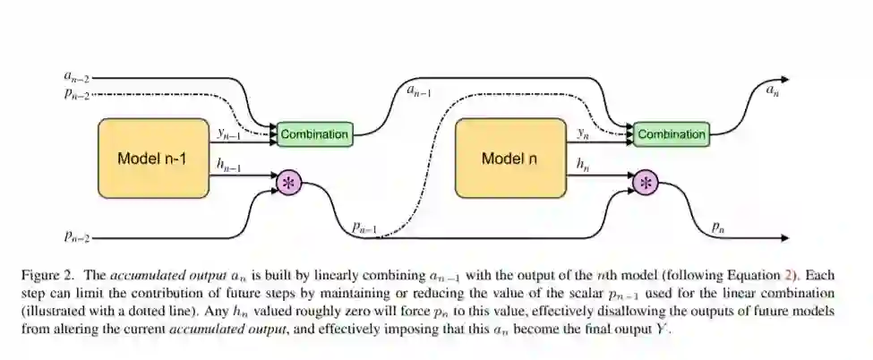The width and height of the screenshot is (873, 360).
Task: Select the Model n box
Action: tap(509, 159)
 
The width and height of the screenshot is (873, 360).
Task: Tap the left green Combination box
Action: tap(314, 134)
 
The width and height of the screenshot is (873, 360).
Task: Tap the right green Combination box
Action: tap(672, 134)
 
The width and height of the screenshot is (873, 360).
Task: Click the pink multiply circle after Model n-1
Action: tap(288, 183)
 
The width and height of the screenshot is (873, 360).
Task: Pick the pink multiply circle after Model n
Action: tap(646, 183)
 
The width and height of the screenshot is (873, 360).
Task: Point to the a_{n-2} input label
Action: tap(77, 79)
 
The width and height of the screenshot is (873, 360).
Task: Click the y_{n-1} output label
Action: tap(229, 133)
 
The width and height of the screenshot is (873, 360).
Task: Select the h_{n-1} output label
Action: tap(229, 163)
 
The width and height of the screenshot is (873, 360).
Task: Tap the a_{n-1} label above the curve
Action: tap(418, 90)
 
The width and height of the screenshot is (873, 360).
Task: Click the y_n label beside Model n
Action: tap(583, 133)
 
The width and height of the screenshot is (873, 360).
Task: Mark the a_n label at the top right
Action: tap(772, 90)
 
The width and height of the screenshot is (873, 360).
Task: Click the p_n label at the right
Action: tap(718, 227)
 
